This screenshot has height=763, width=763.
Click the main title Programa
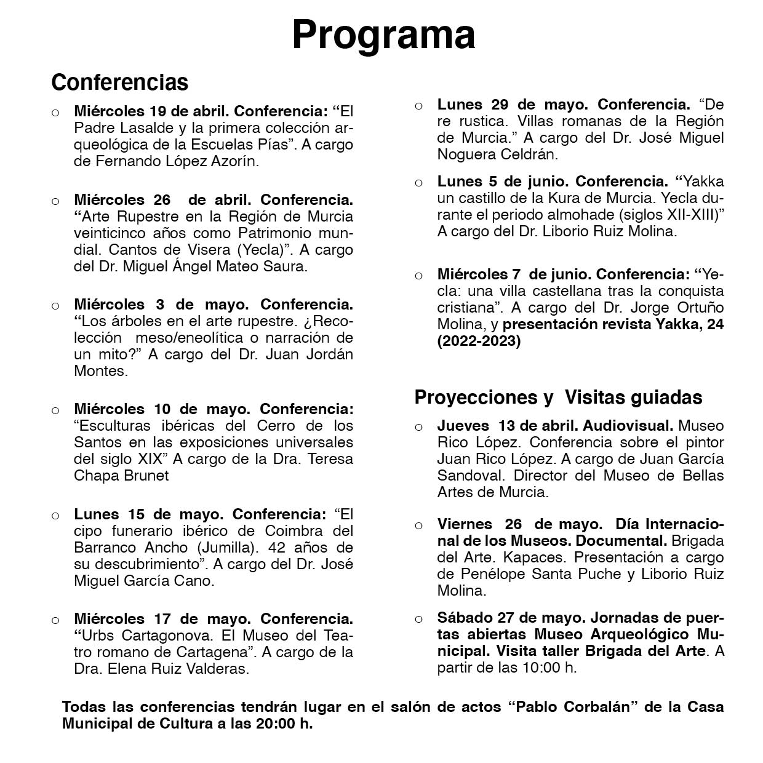click(383, 34)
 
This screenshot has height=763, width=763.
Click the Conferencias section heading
click(119, 82)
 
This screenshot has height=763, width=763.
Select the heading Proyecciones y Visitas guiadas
click(558, 397)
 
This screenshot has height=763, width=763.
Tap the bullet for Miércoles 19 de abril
click(55, 113)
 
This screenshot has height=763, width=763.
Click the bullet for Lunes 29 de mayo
click(419, 106)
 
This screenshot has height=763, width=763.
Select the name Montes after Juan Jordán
click(100, 371)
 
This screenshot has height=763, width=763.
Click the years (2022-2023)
click(479, 342)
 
